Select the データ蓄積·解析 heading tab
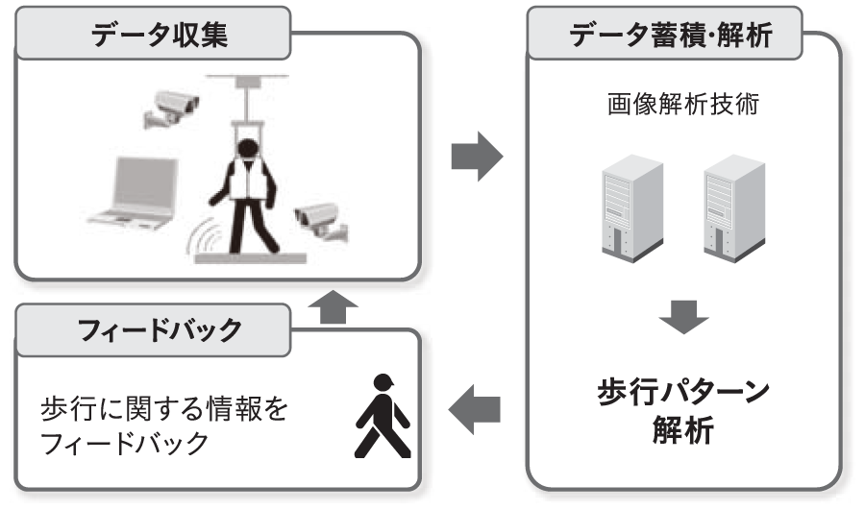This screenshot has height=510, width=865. [x=672, y=36]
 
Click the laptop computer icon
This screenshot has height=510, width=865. [x=135, y=192]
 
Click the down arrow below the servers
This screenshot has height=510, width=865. [x=683, y=318]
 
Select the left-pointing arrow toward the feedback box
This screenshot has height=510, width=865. [x=476, y=411]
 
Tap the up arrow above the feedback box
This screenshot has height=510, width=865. [x=332, y=308]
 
